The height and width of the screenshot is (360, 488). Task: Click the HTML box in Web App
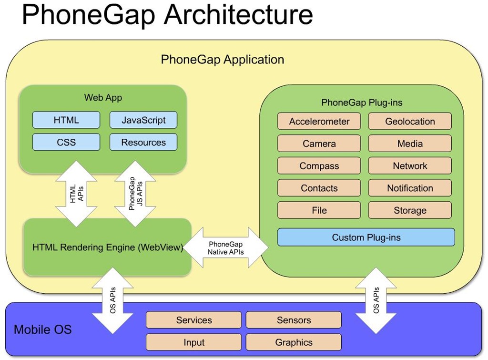pos(66,120)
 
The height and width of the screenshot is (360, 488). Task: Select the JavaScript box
pos(143,120)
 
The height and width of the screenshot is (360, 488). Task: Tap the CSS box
pos(66,142)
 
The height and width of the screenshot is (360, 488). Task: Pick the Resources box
pos(143,142)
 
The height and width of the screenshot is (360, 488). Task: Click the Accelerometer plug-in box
pos(319,122)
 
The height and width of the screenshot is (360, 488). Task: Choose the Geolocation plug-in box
pos(410,122)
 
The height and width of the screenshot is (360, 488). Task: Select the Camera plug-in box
pos(319,144)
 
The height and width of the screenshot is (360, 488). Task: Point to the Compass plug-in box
pos(319,166)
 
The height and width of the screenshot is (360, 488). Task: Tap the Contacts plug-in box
pos(319,188)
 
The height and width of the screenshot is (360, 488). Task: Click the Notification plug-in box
pos(410,188)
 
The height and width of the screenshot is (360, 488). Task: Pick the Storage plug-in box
pos(410,210)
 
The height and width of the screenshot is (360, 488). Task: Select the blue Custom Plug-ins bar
pos(366,237)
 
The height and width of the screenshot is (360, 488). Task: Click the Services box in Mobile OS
pos(194,320)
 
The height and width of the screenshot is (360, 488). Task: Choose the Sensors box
pos(294,320)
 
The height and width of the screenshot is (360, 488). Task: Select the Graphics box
pos(294,342)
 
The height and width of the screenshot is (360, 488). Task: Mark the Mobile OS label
pos(43,329)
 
